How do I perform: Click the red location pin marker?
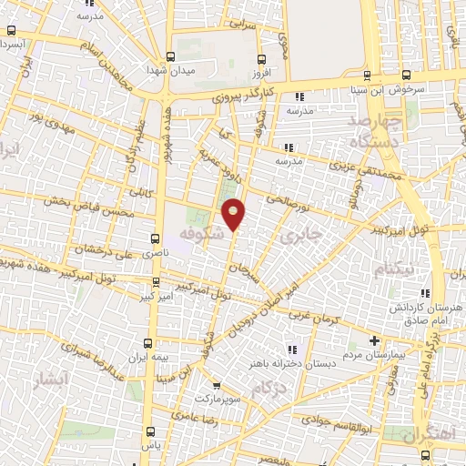[x=235, y=214]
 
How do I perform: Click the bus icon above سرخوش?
[x=366, y=76]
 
